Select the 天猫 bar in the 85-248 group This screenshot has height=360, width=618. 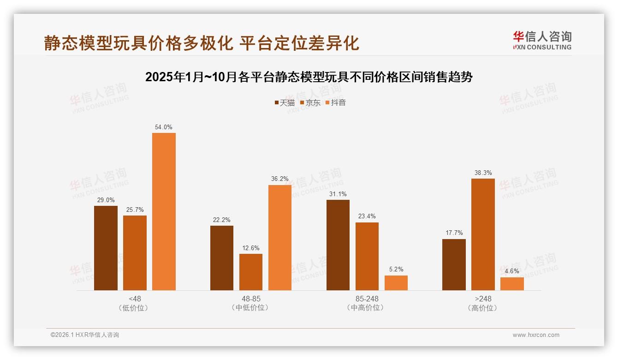[338, 245]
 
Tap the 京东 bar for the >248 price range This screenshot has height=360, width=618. [483, 234]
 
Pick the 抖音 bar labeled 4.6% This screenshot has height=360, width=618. [512, 284]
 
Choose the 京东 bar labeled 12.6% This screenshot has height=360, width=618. [251, 272]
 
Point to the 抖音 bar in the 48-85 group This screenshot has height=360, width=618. [280, 238]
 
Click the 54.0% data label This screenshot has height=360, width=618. [164, 127]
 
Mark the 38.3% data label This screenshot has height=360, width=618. [483, 173]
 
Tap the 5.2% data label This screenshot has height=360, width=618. [396, 270]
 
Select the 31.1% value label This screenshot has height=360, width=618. [338, 194]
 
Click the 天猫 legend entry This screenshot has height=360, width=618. [285, 103]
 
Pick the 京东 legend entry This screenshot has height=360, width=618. [310, 103]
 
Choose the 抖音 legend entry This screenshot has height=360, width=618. [336, 103]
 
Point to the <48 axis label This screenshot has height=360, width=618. [135, 299]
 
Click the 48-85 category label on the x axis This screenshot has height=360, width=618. [251, 299]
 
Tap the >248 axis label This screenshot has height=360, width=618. [483, 299]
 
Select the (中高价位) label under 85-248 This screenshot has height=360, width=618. [367, 308]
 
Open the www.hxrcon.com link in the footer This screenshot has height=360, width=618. [536, 335]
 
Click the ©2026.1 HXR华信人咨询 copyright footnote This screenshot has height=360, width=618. [85, 335]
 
